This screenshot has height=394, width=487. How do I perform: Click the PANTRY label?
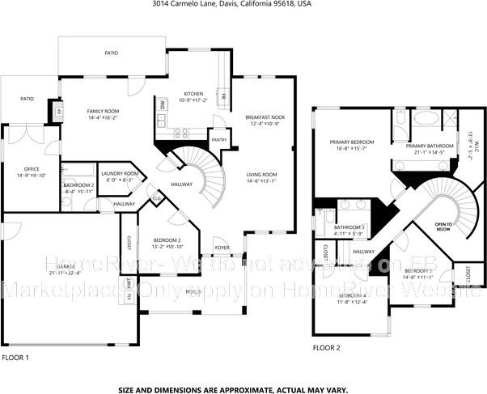pos(218,140)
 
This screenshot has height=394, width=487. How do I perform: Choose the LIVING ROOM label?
pos(262,176)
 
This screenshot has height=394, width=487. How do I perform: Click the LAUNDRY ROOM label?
pos(119,176)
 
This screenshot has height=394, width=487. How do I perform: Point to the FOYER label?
pos(221,248)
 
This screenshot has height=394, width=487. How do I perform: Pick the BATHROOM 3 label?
pos(349,228)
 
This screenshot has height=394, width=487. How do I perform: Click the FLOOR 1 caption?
pos(15,357)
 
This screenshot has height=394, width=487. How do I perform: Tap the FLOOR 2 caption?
pos(327,347)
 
